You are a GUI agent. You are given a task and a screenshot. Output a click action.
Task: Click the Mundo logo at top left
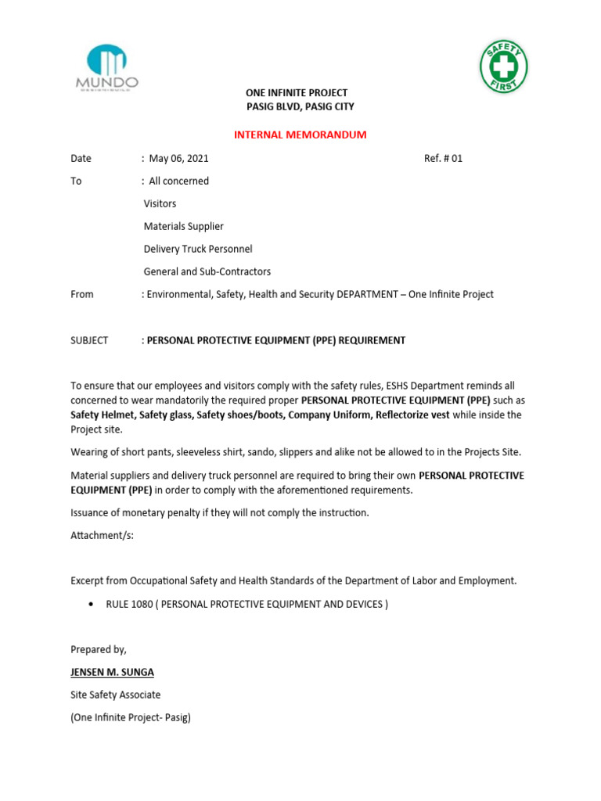(x=106, y=67)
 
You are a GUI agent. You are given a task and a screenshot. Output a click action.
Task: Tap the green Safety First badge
(x=502, y=67)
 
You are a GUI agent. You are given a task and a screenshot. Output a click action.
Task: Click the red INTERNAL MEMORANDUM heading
(x=300, y=135)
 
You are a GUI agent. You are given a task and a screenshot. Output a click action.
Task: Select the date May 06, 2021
(x=178, y=158)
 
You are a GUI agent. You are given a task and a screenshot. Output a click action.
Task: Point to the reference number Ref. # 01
(x=443, y=158)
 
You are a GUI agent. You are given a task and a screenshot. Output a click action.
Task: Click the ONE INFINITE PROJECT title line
(x=297, y=92)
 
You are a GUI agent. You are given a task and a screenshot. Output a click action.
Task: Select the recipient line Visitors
(x=160, y=203)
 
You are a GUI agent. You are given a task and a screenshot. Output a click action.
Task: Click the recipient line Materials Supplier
(x=183, y=226)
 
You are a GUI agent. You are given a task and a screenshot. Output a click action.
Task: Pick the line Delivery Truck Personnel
(x=197, y=249)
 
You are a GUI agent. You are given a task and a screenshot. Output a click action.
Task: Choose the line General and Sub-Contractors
(x=207, y=271)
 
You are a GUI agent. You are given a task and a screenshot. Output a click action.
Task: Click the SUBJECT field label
(x=89, y=340)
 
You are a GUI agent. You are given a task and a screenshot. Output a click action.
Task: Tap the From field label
(x=81, y=294)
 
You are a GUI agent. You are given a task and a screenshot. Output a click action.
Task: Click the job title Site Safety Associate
(x=115, y=695)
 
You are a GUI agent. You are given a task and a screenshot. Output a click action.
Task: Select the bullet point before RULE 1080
(x=93, y=604)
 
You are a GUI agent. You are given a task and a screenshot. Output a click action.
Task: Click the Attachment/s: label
(x=103, y=535)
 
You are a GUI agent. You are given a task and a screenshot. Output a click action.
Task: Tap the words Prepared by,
(x=98, y=649)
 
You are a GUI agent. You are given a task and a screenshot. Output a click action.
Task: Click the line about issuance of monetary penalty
(x=219, y=512)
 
